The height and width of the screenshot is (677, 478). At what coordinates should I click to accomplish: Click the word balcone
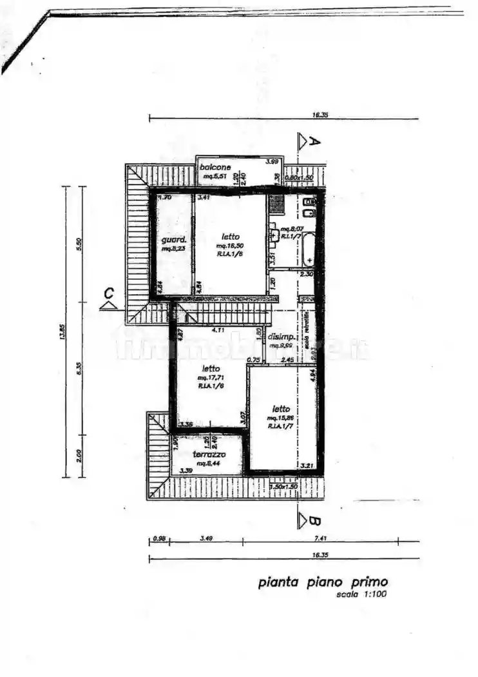pyautogui.click(x=215, y=168)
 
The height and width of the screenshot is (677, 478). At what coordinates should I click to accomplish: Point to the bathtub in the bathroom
pyautogui.click(x=309, y=250)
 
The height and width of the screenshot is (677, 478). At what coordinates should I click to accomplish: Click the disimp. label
pyautogui.click(x=282, y=337)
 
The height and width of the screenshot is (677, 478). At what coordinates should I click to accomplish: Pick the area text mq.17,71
pyautogui.click(x=211, y=377)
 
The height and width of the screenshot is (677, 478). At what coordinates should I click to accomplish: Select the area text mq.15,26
pyautogui.click(x=280, y=418)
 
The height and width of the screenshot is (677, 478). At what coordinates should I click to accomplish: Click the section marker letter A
pyautogui.click(x=314, y=142)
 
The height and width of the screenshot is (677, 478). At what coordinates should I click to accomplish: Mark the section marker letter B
pyautogui.click(x=314, y=520)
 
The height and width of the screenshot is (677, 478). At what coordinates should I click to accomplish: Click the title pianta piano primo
pyautogui.click(x=323, y=582)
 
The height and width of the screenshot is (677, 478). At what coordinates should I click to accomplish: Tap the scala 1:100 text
pyautogui.click(x=361, y=594)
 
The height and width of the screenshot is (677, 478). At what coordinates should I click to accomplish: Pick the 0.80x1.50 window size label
pyautogui.click(x=299, y=177)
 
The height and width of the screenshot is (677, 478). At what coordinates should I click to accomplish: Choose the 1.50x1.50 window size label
pyautogui.click(x=283, y=486)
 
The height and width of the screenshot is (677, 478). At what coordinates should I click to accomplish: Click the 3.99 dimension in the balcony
pyautogui.click(x=272, y=161)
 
